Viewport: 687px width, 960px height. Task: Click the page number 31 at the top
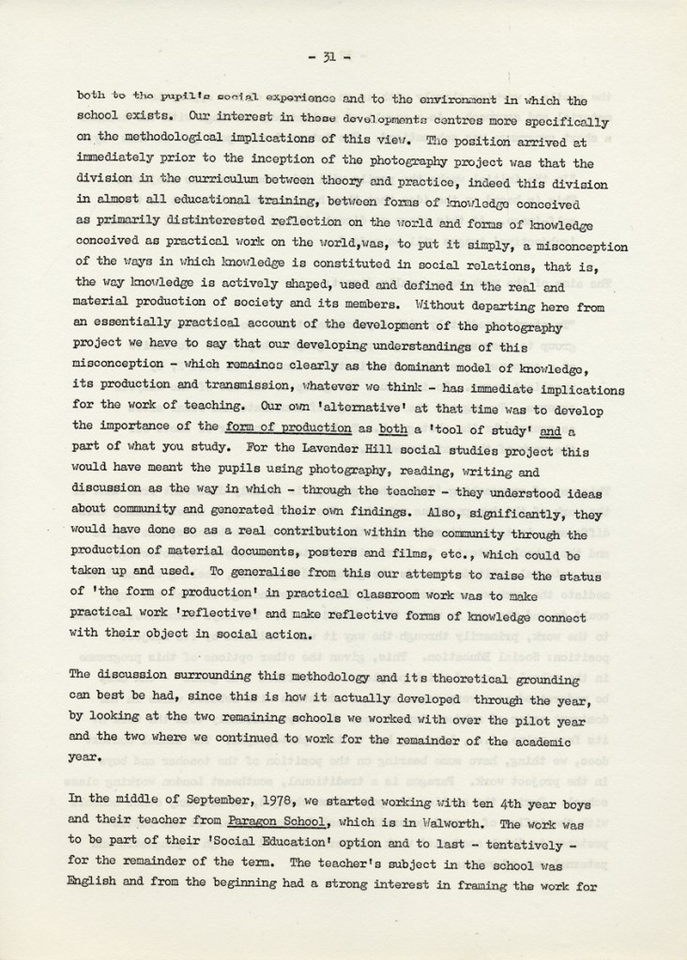[x=328, y=56]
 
